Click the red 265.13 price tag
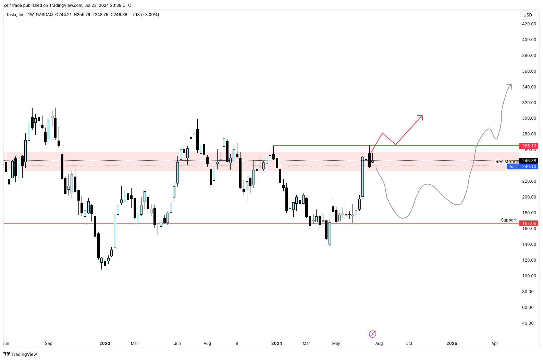[x=529, y=146]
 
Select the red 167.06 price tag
[x=529, y=224]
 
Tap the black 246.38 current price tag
[x=529, y=161]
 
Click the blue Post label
[x=513, y=167]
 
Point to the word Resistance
[x=507, y=161]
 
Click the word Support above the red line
[x=508, y=220]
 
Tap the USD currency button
[x=528, y=15]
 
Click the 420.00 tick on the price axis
[x=529, y=24]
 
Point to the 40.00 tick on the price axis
[x=528, y=323]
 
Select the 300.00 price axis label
[x=529, y=118]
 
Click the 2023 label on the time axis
[x=105, y=344]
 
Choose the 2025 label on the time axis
[x=452, y=344]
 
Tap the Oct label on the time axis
[x=409, y=344]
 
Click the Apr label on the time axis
[x=495, y=344]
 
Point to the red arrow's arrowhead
[x=421, y=117]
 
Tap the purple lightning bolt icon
[x=372, y=334]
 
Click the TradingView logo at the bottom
[x=20, y=354]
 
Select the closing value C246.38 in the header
[x=119, y=15]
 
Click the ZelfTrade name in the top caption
[x=13, y=5]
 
